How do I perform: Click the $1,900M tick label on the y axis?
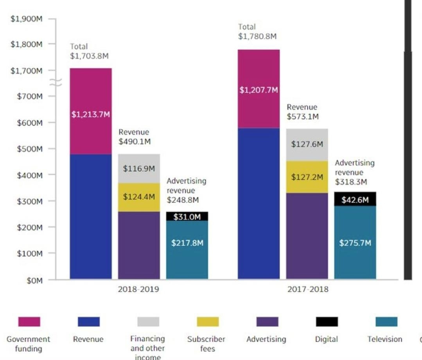tap(26, 18)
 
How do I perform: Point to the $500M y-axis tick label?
tap(30, 149)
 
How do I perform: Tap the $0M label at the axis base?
tap(34, 281)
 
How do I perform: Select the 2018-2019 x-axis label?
tap(138, 289)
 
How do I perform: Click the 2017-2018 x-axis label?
tap(308, 289)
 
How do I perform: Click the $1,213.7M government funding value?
tap(91, 114)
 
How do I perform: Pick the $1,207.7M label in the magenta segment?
tap(259, 90)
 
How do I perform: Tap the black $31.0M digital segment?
tap(187, 216)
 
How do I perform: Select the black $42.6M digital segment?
tap(355, 199)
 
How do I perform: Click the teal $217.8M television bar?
tap(187, 250)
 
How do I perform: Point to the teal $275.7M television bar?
tap(355, 242)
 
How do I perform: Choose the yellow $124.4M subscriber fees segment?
tap(139, 197)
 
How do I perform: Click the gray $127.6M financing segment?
tap(307, 145)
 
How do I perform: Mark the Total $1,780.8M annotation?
tap(257, 32)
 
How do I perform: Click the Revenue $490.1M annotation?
tap(135, 137)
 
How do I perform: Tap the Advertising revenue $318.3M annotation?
tap(355, 172)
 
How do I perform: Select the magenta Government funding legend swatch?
tap(29, 322)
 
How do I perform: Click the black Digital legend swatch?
tap(327, 322)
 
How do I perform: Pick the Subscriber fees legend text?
tap(207, 344)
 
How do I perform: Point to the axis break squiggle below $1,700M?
tap(56, 83)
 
